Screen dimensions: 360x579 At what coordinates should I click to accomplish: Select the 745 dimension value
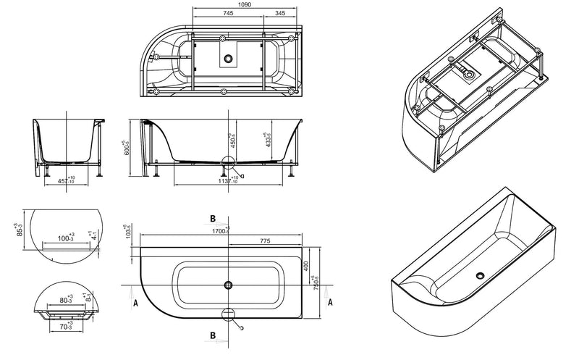pyautogui.click(x=227, y=14)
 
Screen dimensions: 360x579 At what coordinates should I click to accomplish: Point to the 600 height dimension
pyautogui.click(x=126, y=148)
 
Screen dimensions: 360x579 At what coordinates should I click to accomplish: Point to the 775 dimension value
pyautogui.click(x=265, y=240)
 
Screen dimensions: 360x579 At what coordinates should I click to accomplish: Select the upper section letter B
pyautogui.click(x=213, y=217)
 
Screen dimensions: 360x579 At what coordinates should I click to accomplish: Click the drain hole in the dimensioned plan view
pyautogui.click(x=229, y=285)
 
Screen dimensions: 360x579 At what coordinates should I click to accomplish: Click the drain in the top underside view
pyautogui.click(x=229, y=57)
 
